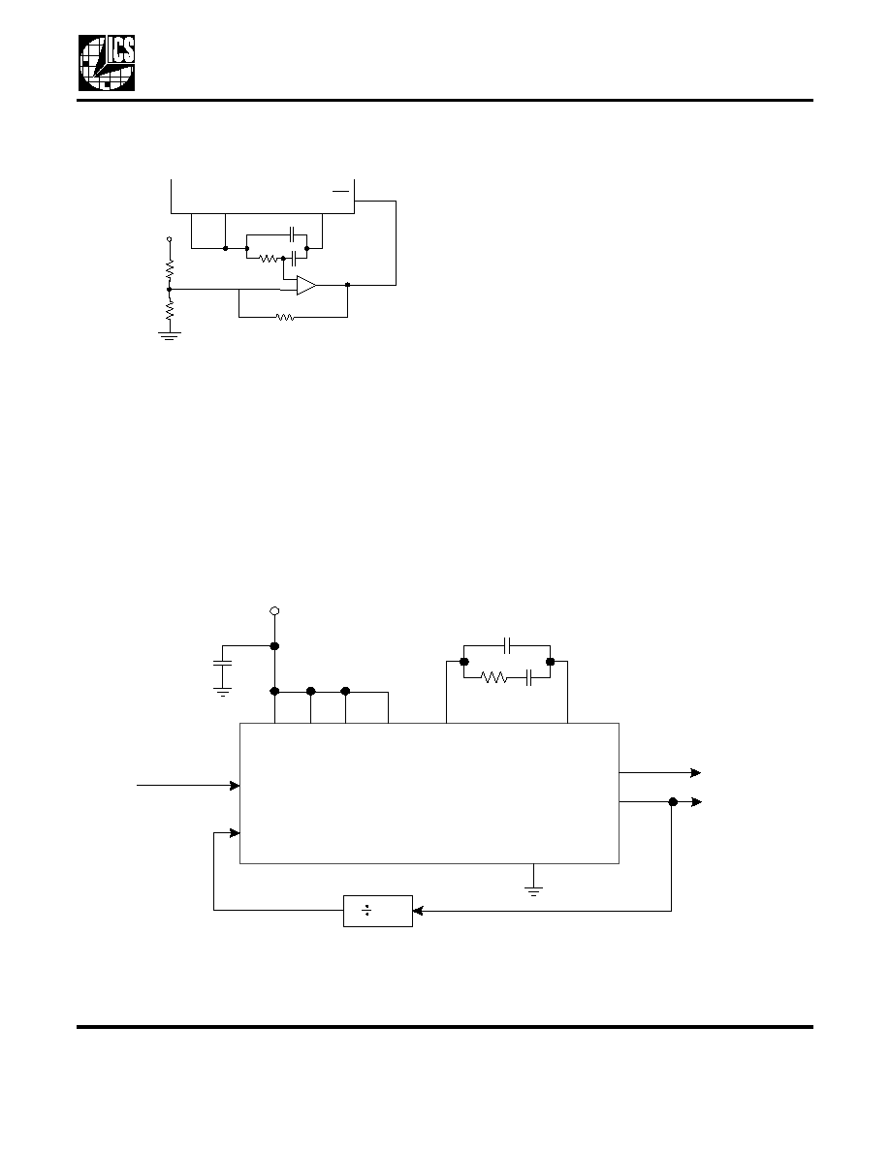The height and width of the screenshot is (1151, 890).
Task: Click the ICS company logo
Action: (x=107, y=63)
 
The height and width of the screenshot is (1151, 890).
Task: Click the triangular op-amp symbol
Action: (x=306, y=285)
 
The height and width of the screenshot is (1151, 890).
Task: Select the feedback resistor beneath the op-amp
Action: (x=285, y=318)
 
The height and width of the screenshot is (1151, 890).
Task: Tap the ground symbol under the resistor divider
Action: (x=170, y=336)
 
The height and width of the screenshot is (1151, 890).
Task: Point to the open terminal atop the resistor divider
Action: (x=170, y=239)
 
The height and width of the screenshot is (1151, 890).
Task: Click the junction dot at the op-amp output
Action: (x=347, y=285)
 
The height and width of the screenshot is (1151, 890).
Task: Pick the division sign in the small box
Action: (x=366, y=911)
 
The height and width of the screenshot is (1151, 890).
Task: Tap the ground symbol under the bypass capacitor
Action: (x=222, y=692)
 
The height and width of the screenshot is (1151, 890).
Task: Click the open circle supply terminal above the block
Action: (x=274, y=610)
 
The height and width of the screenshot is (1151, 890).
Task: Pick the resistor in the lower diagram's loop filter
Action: (x=495, y=678)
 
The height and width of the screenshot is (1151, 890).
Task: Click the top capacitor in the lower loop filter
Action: (x=507, y=646)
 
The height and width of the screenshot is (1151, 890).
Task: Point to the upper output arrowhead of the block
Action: (x=696, y=773)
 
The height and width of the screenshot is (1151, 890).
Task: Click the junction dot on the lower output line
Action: (x=673, y=802)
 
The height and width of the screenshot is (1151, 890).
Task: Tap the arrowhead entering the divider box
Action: (x=418, y=911)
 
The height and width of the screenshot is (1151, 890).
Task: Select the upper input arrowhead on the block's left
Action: (x=235, y=786)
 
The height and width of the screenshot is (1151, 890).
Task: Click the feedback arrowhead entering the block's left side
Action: (x=235, y=833)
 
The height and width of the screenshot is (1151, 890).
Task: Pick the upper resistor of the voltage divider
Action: (x=170, y=269)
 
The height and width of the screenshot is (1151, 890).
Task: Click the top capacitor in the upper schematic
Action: (x=292, y=234)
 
